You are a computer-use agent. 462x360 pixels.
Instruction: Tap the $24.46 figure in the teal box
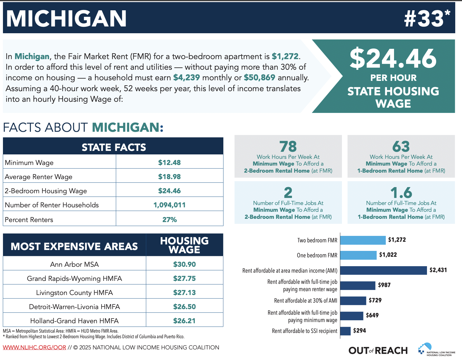(x=393, y=58)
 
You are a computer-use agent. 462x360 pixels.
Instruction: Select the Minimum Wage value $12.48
(x=169, y=163)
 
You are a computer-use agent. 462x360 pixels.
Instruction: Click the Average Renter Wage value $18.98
(x=169, y=177)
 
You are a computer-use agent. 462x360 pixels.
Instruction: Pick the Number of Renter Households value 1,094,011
(x=169, y=205)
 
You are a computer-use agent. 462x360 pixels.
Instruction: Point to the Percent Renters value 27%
(x=169, y=220)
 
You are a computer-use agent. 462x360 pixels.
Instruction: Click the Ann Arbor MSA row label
(x=74, y=264)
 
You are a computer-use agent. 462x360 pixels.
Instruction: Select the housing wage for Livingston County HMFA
(x=185, y=293)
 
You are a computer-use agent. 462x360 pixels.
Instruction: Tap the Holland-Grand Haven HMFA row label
(x=74, y=321)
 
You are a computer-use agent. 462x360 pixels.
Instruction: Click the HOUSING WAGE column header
(x=185, y=245)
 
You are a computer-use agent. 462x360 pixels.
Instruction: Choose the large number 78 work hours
(x=288, y=146)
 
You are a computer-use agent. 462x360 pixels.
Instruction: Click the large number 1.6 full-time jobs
(x=401, y=193)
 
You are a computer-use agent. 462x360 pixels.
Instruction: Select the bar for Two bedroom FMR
(x=363, y=240)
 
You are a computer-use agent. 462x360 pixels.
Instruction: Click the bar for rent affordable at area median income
(x=383, y=270)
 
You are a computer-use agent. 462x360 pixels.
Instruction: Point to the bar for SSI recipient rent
(x=345, y=331)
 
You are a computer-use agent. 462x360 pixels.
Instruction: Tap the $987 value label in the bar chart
(x=384, y=285)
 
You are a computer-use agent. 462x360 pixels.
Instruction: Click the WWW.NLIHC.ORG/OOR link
(x=34, y=347)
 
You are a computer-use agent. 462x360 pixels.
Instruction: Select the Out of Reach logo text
(x=378, y=351)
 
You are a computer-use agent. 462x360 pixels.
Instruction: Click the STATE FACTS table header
(x=114, y=147)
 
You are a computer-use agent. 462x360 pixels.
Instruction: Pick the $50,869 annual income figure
(x=259, y=78)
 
